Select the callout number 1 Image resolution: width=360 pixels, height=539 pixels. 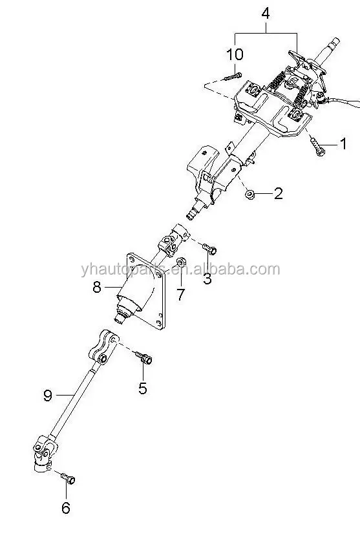tap(343, 143)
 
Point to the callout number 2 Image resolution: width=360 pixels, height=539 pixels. tap(278, 193)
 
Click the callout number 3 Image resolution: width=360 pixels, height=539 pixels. tap(207, 279)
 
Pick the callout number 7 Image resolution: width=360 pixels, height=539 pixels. tap(180, 295)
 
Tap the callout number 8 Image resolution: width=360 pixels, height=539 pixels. tap(97, 288)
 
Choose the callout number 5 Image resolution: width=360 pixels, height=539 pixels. tap(142, 388)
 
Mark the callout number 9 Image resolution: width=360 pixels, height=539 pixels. tap(47, 396)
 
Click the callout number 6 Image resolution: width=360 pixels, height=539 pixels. tap(65, 508)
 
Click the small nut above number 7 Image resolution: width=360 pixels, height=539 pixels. tap(182, 262)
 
